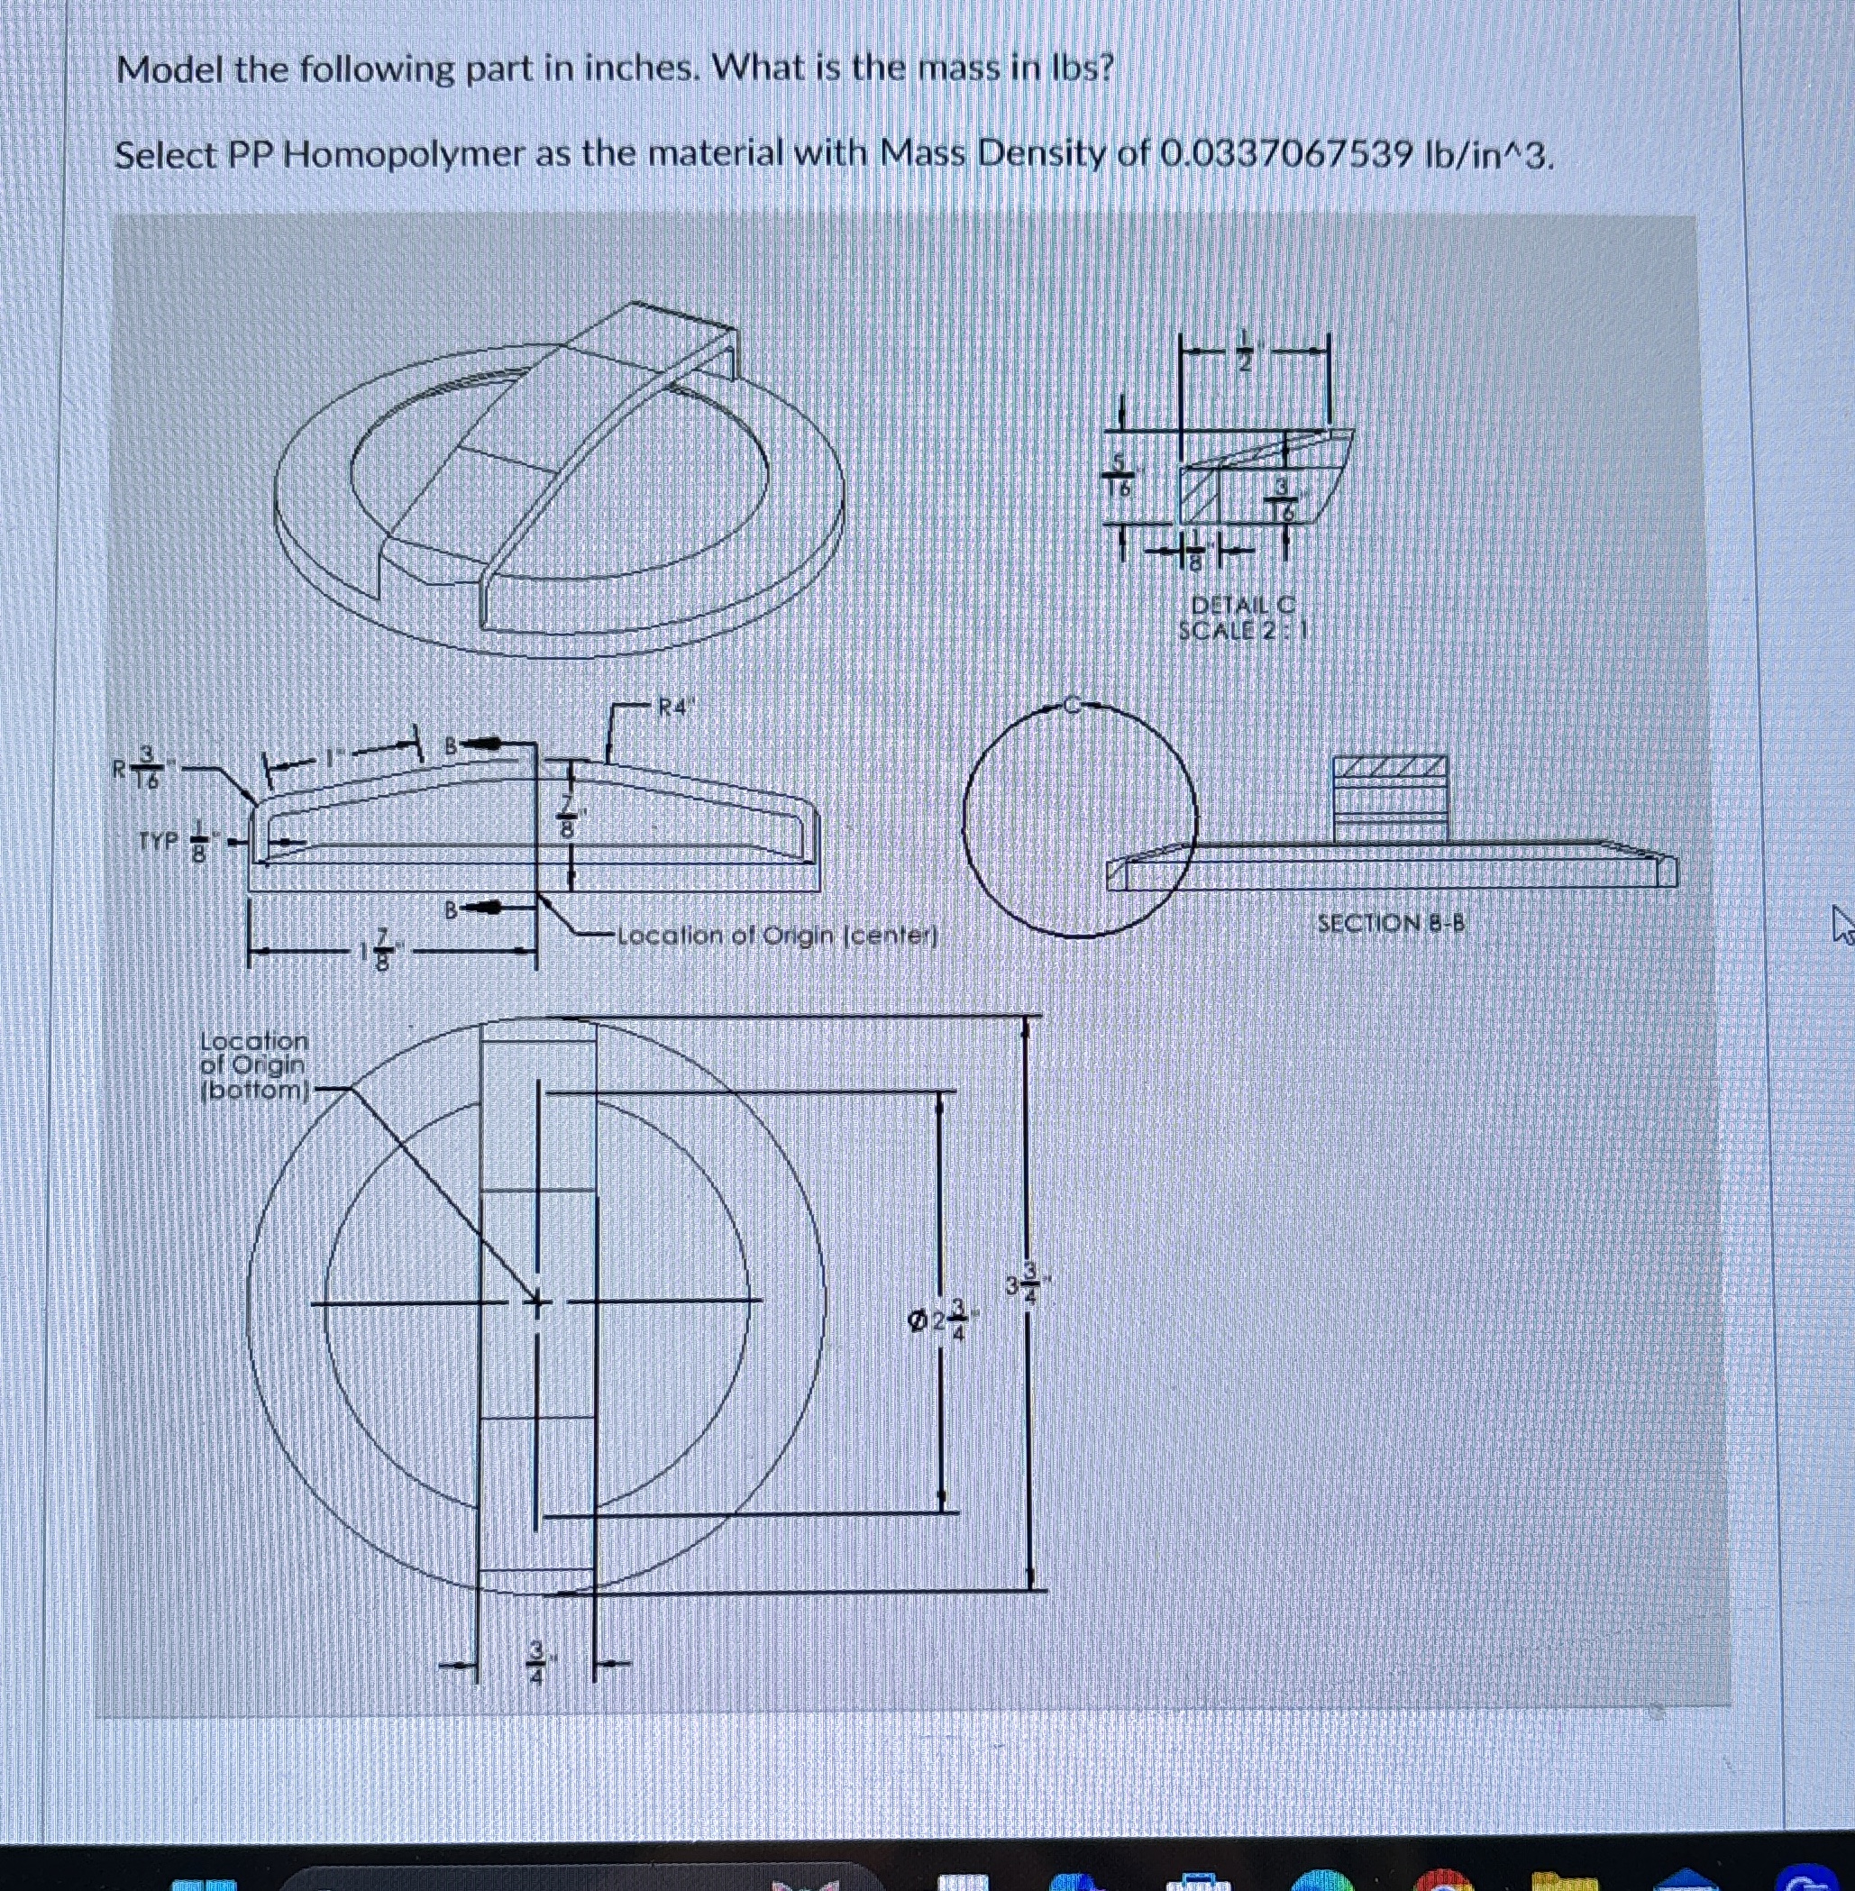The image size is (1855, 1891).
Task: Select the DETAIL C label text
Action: [1242, 605]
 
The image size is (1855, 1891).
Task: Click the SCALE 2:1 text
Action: [1242, 630]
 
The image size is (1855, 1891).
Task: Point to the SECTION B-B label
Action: [1390, 923]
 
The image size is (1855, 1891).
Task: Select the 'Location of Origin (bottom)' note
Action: [253, 1065]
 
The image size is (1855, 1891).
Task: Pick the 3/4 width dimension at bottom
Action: [537, 1661]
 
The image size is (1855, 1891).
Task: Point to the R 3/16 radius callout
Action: [142, 769]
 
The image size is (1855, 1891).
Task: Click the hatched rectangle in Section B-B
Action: [1390, 770]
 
